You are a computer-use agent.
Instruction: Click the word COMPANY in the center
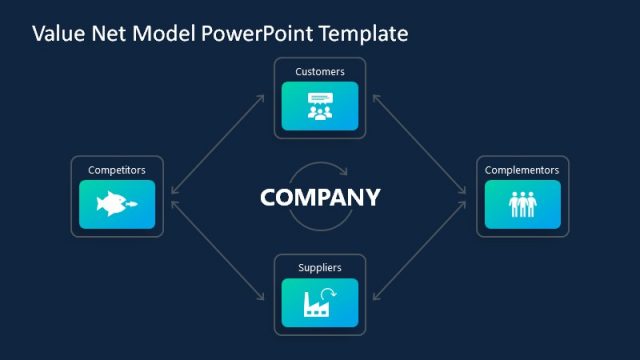tap(320, 197)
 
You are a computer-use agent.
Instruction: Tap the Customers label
tap(320, 72)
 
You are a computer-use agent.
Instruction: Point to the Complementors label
tap(522, 170)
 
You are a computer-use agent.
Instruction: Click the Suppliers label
tap(320, 268)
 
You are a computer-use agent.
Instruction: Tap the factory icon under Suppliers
tap(320, 303)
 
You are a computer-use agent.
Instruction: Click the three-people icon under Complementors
tap(522, 205)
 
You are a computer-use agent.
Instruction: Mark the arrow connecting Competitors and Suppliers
tap(218, 250)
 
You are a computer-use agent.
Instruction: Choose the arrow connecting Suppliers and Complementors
tap(421, 250)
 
